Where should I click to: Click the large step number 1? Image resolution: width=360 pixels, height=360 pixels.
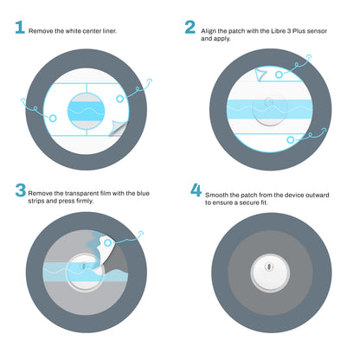(x=20, y=27)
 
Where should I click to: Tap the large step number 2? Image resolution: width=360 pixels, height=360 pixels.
(x=190, y=27)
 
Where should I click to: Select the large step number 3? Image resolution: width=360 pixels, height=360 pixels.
(x=21, y=190)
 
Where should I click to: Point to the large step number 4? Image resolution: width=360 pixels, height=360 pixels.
(x=196, y=190)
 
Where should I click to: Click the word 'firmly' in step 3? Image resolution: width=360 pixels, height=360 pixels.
(x=85, y=201)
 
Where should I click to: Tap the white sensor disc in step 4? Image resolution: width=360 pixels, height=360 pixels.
(x=270, y=273)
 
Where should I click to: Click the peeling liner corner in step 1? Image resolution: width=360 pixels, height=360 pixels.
(x=118, y=128)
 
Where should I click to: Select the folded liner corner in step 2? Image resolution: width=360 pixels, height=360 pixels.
(x=260, y=74)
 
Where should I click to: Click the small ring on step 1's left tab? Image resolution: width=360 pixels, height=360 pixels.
(x=53, y=118)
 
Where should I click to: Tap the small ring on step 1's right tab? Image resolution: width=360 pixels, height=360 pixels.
(x=119, y=99)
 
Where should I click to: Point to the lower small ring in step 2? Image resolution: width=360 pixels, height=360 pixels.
(x=291, y=140)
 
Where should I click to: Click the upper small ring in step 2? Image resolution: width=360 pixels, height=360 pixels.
(x=279, y=74)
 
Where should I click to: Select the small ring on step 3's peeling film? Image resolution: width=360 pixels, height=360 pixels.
(x=108, y=243)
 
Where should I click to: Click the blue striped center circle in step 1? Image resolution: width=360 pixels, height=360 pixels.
(x=86, y=111)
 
